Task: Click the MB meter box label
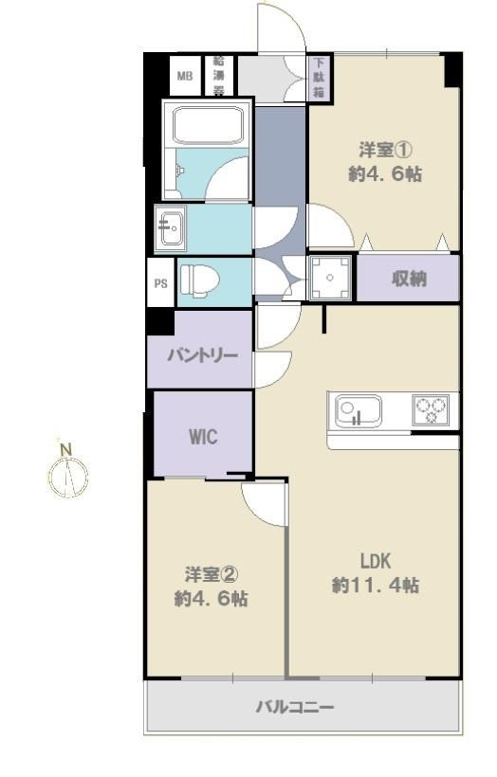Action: point(185,77)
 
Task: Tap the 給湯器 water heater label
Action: point(219,76)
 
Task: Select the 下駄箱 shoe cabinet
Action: point(319,78)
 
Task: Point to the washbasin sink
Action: point(171,228)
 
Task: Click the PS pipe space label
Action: point(160,284)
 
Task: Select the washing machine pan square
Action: point(330,278)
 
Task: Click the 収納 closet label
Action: point(409,279)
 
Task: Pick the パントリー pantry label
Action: point(202,355)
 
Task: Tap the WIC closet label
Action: point(203,437)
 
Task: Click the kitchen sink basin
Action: point(359,411)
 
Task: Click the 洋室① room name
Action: point(386,149)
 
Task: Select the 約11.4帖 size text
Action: point(376,586)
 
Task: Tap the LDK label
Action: point(376,562)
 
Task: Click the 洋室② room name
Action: point(212,575)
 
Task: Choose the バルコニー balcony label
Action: point(295,707)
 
